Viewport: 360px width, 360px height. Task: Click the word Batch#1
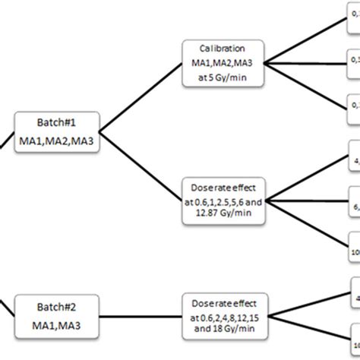click(57, 122)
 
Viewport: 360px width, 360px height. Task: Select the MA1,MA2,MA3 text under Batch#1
click(57, 140)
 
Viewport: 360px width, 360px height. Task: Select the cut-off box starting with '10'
click(354, 251)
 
